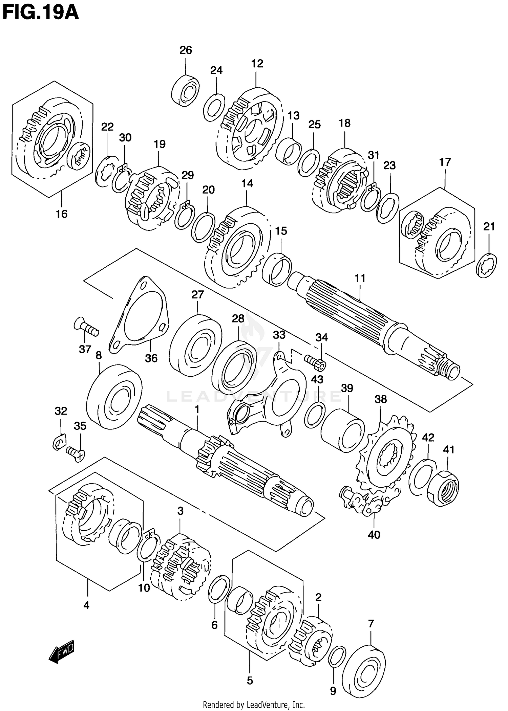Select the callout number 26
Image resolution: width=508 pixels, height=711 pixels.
(x=186, y=50)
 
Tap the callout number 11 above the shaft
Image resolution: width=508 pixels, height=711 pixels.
(x=360, y=278)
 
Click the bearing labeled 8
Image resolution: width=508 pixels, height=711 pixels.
(x=114, y=396)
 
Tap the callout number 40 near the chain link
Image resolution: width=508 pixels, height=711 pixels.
(x=374, y=535)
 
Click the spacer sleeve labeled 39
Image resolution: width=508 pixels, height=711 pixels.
(x=343, y=430)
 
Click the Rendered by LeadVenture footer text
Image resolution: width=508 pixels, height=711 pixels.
(x=254, y=705)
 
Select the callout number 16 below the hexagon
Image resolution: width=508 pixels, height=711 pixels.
(x=62, y=214)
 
